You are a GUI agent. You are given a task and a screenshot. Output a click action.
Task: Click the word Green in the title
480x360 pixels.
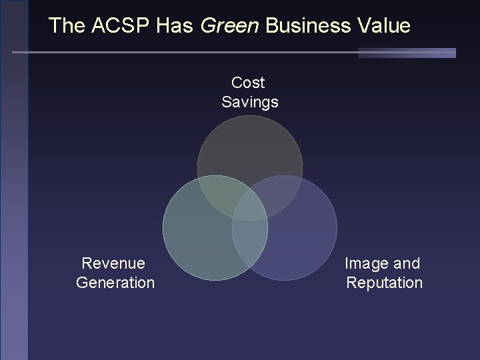pos(230,26)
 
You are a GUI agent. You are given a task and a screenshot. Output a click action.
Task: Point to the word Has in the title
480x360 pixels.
pos(175,26)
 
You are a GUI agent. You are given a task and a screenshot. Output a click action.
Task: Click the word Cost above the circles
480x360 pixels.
pos(248,83)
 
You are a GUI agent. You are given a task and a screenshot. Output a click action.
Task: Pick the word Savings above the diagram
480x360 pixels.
pos(250,102)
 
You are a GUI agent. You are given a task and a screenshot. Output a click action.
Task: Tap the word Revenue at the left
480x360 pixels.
pos(113,263)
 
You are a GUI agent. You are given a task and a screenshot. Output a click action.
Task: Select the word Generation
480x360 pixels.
pos(115,283)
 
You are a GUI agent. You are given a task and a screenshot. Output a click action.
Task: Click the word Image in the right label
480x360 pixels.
pos(366,263)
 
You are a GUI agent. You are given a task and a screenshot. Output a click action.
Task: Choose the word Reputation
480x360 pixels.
pos(385,283)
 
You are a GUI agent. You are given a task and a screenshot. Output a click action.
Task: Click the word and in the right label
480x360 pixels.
pos(407,263)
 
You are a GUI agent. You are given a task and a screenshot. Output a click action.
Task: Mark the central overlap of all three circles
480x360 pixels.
pos(250,207)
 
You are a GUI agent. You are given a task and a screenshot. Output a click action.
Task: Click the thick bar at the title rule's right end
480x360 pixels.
pos(407,53)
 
